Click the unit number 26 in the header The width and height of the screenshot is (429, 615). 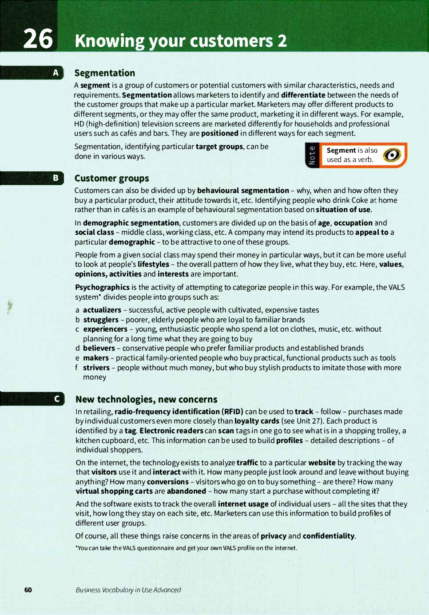(x=38, y=39)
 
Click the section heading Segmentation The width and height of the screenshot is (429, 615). (x=104, y=73)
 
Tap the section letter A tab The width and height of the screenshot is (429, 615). (x=56, y=73)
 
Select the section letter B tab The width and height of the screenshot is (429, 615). (x=56, y=178)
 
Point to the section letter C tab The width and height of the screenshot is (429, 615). (x=56, y=399)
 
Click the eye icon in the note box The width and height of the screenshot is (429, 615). (x=392, y=155)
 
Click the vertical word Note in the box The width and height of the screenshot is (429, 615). (x=312, y=155)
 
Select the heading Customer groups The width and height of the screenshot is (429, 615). (x=111, y=179)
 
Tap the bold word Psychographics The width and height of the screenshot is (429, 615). (x=102, y=287)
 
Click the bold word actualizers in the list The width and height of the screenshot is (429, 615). (x=102, y=310)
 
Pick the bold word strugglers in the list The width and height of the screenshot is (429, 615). (x=101, y=320)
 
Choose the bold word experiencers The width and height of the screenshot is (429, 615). (x=105, y=329)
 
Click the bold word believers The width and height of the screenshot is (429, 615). (x=99, y=348)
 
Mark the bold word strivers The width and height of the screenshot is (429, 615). (x=96, y=368)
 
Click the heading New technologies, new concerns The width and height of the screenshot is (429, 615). (x=146, y=399)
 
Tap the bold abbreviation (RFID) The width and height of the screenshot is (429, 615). (x=232, y=412)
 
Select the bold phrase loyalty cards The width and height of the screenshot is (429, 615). (x=257, y=421)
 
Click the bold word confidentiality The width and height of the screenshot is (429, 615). (x=328, y=536)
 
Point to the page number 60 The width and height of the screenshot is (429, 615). (x=28, y=590)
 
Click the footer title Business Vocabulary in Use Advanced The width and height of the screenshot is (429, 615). (x=128, y=590)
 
